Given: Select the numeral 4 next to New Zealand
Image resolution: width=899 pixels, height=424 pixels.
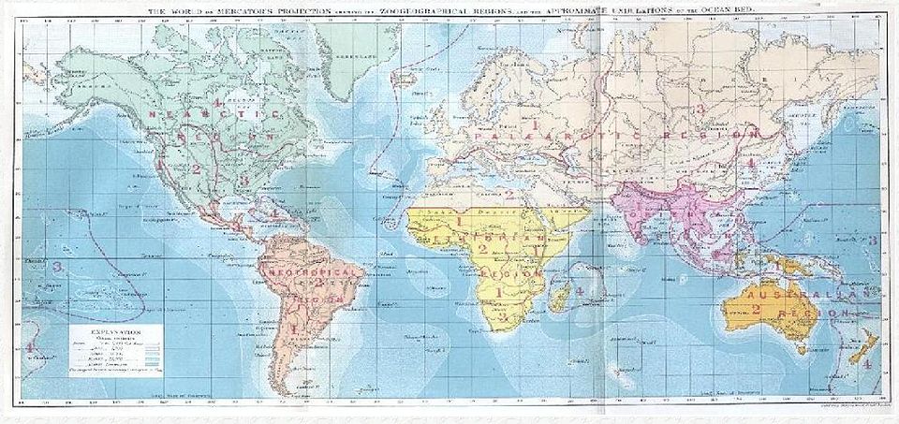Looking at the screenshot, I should pos(867,362).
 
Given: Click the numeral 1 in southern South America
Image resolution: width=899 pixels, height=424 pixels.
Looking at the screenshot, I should pos(295,329).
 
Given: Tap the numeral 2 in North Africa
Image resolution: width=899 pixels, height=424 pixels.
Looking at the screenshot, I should pos(508,195).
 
